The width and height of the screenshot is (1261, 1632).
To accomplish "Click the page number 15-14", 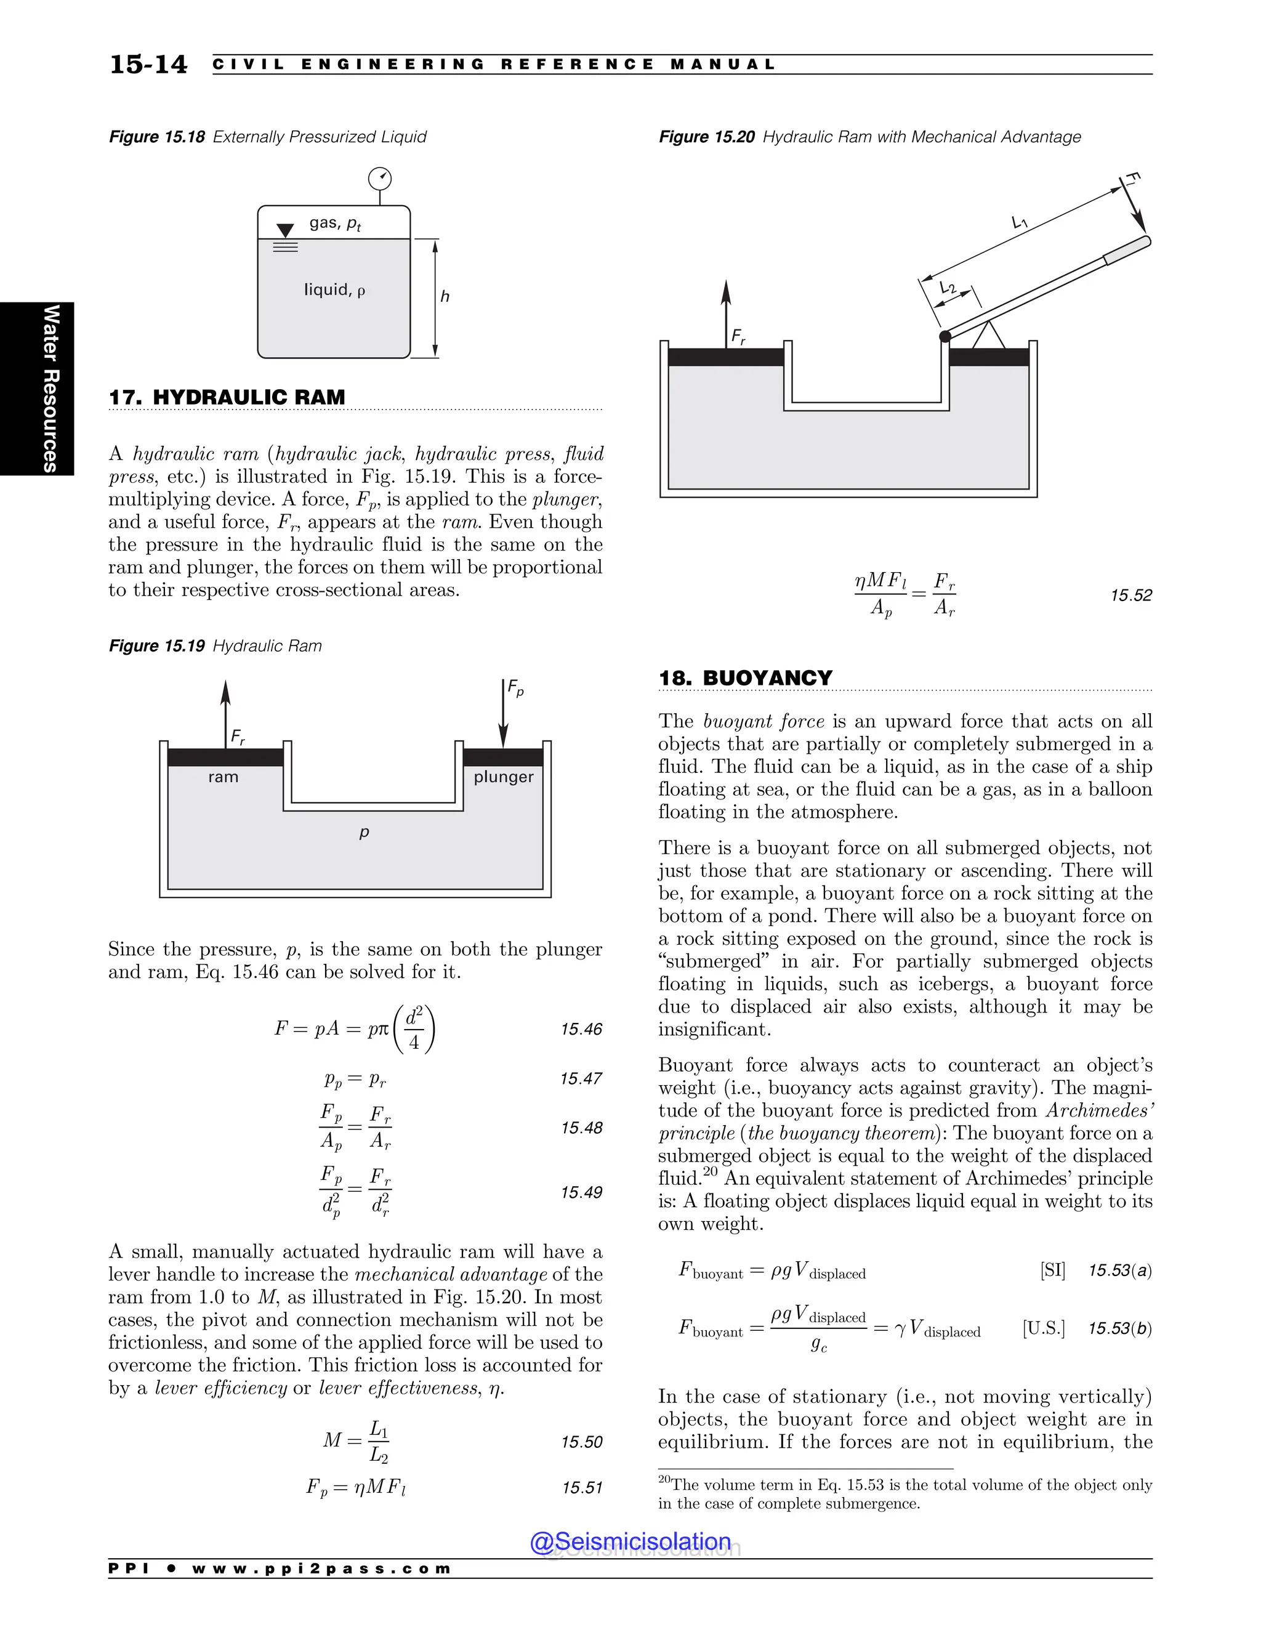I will click(148, 65).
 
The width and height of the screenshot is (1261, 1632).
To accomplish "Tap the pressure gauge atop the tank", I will click(381, 179).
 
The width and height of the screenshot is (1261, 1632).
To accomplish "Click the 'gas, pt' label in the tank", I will click(336, 224).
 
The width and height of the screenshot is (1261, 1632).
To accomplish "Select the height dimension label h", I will click(445, 297).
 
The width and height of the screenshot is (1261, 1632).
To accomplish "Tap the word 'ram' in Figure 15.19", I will click(224, 777).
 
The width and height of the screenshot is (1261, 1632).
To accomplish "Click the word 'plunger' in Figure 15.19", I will click(504, 777).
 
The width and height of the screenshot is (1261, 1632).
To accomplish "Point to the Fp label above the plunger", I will click(515, 689).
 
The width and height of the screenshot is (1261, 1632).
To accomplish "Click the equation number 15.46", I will click(581, 1030).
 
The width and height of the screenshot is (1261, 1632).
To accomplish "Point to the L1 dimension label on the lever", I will click(1020, 222).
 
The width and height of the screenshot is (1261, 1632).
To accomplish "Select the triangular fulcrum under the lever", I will click(989, 336).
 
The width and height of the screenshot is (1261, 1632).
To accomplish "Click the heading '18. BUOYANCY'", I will click(746, 678).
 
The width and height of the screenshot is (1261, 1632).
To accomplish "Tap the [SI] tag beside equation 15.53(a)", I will click(1052, 1270).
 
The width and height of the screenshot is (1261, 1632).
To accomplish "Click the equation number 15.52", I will click(1131, 596).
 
